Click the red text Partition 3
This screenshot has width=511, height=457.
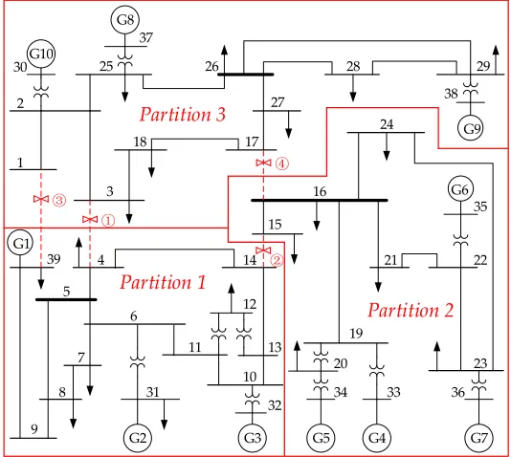coord(183,115)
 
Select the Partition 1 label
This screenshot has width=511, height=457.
coord(163,282)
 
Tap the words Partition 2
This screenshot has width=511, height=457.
coord(411,310)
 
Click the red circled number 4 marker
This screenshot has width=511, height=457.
coord(282,163)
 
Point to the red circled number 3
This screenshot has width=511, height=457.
coord(59,200)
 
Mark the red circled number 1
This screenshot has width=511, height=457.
coord(108,221)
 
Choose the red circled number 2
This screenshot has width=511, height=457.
coord(277,260)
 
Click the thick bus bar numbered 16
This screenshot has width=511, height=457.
coord(320,200)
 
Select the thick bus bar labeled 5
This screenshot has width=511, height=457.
coord(66,299)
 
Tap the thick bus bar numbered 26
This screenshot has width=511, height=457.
coord(245,75)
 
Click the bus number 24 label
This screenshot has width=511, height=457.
coord(387,124)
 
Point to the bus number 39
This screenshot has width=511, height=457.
coord(54,259)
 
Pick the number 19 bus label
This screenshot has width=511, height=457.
coord(356,334)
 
